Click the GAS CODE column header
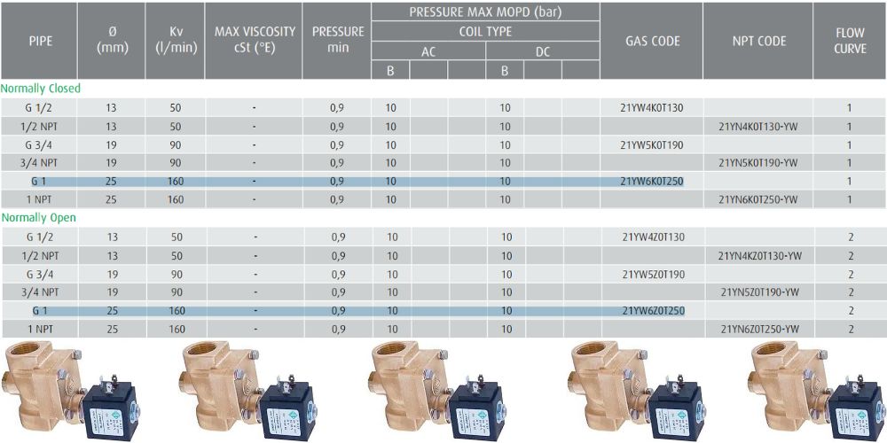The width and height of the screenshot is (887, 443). [652, 42]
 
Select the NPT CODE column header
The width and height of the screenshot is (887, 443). [758, 42]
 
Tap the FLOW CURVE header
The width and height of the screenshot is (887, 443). [850, 42]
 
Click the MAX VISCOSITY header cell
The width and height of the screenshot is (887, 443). [254, 40]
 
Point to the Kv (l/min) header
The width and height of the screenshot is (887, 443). [176, 40]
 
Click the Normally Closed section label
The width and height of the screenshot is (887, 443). [41, 89]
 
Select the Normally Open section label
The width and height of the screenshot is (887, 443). [38, 218]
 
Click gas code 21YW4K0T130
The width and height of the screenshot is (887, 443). [652, 107]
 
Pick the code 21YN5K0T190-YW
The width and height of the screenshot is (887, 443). [758, 163]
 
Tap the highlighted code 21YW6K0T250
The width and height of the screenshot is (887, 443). [652, 182]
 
